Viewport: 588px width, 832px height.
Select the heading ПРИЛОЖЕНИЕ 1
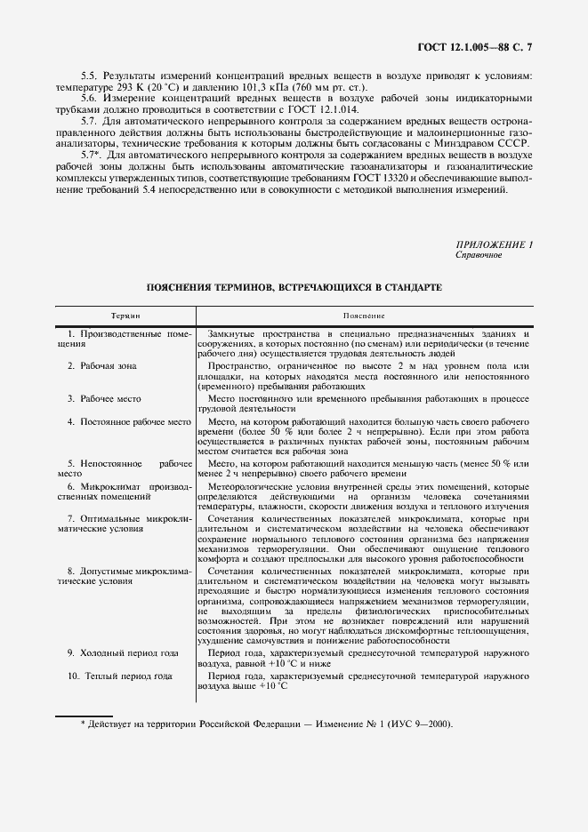coord(494,244)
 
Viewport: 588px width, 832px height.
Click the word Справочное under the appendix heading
coord(479,255)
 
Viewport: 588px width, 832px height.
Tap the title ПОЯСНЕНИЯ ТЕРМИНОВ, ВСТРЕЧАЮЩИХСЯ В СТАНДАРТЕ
coord(294,288)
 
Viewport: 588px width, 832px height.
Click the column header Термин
coord(125,316)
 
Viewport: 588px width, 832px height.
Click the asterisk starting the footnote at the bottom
coord(83,724)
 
